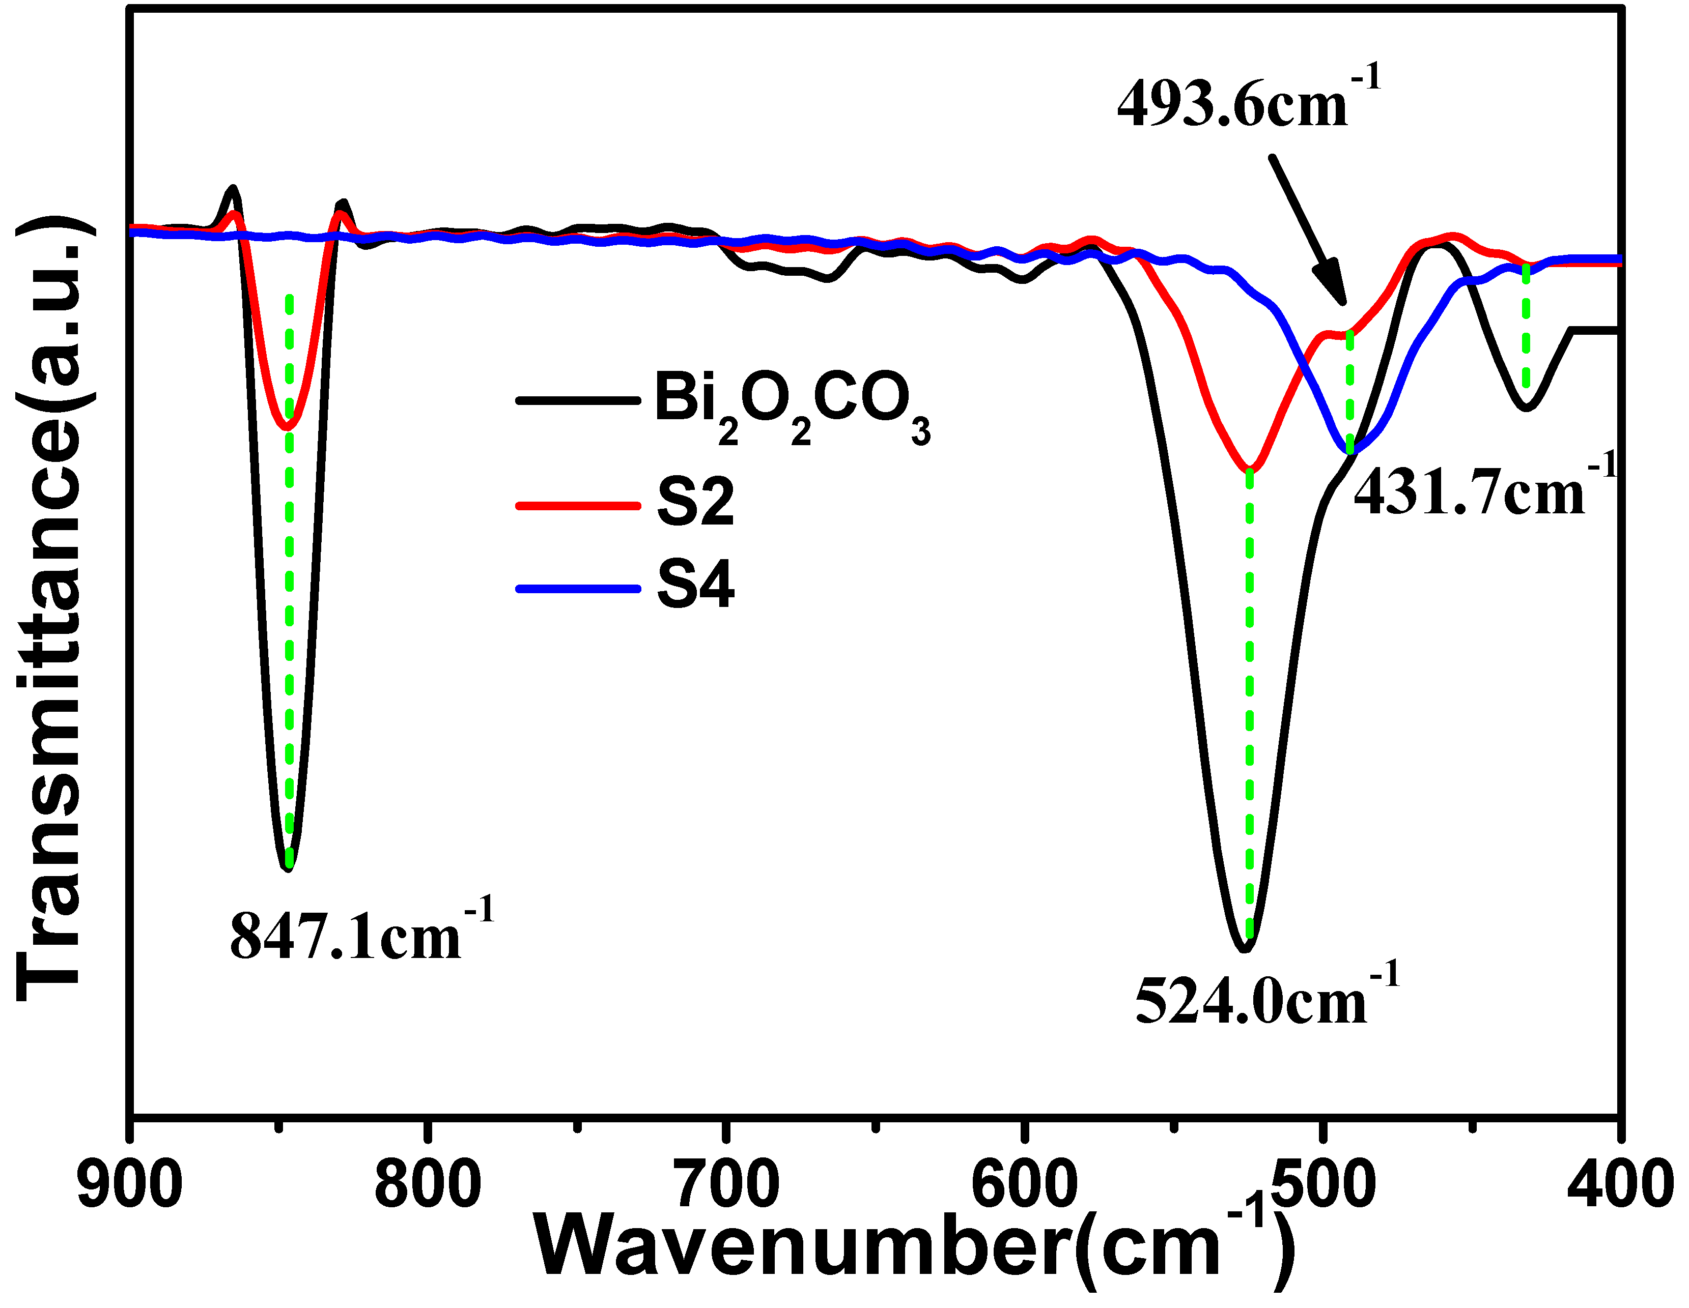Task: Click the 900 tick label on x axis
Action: coord(130,1185)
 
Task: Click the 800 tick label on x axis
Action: coord(428,1185)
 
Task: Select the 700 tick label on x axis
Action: coord(726,1185)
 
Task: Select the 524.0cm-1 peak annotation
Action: coord(1266,997)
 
